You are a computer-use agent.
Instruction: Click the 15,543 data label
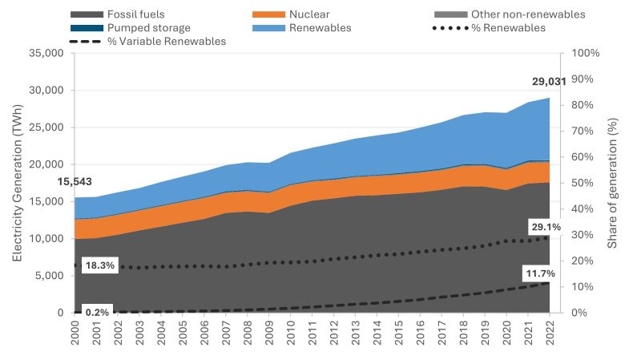tap(75, 182)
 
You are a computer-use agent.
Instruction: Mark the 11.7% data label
tap(541, 273)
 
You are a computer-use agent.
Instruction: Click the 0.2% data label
tap(97, 312)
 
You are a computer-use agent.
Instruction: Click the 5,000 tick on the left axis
tap(50, 276)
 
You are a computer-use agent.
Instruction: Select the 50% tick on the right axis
tap(579, 183)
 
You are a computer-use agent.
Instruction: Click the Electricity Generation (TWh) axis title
tap(18, 184)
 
